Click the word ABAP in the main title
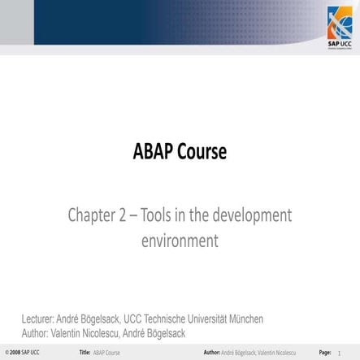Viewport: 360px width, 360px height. [x=154, y=152]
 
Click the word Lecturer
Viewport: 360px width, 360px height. [x=39, y=319]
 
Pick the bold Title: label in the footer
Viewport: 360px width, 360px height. [x=85, y=353]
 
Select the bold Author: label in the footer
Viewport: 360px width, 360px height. [x=212, y=353]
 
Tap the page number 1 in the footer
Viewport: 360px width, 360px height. [x=350, y=353]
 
